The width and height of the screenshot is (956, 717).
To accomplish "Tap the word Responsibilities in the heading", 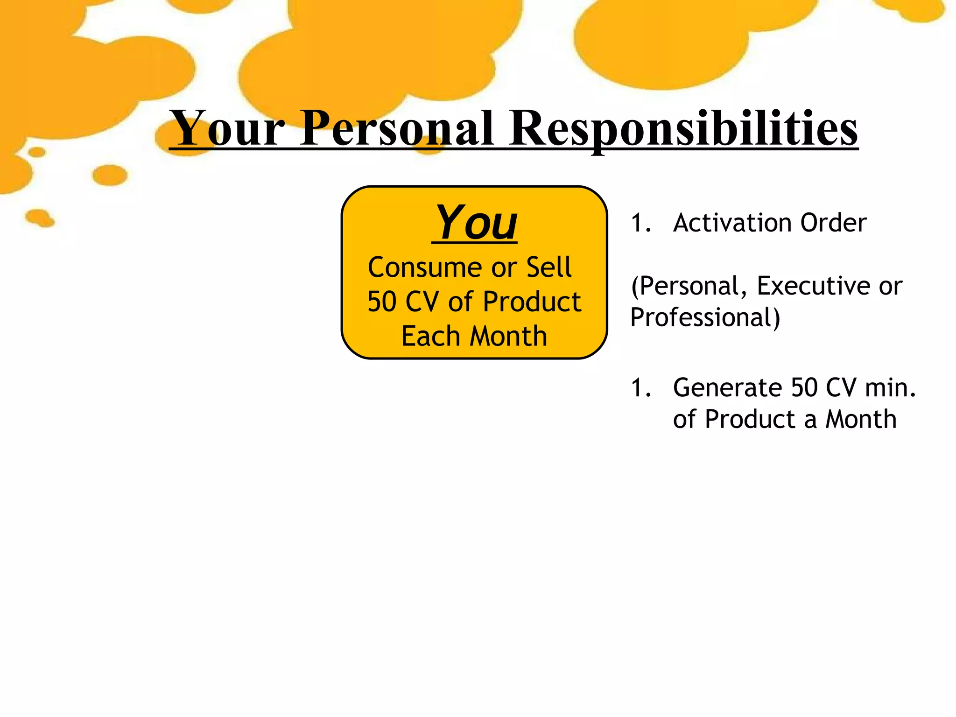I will click(x=683, y=128).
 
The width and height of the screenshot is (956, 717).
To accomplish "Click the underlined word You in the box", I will click(x=476, y=223).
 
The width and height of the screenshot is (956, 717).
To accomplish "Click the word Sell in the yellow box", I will click(x=549, y=267).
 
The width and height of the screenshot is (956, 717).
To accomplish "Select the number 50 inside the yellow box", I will click(x=382, y=302).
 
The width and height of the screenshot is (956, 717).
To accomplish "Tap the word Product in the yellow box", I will click(x=532, y=302).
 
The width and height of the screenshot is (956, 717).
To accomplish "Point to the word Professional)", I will click(x=705, y=317).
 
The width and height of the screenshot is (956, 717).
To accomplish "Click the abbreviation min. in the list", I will click(x=890, y=388).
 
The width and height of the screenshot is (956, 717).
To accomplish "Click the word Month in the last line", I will click(x=861, y=419).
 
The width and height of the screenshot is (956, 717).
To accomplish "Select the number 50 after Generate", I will click(x=805, y=388).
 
